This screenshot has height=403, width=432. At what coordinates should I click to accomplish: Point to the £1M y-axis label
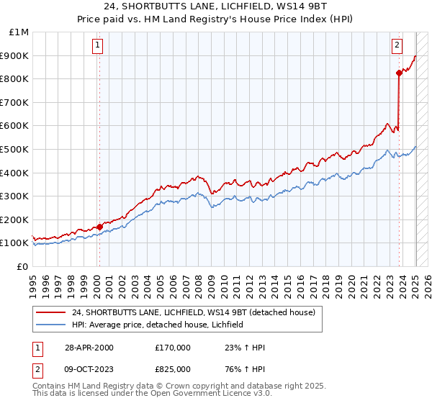pyautogui.click(x=19, y=32)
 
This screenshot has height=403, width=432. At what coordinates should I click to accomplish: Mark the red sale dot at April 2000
pyautogui.click(x=99, y=227)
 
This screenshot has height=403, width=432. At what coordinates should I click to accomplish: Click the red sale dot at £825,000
pyautogui.click(x=399, y=73)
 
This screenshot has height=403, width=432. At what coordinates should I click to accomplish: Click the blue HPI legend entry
pyautogui.click(x=158, y=325)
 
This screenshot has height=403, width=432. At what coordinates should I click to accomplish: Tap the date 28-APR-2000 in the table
pyautogui.click(x=89, y=348)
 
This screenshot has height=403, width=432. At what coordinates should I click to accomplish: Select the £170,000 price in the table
pyautogui.click(x=172, y=348)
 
